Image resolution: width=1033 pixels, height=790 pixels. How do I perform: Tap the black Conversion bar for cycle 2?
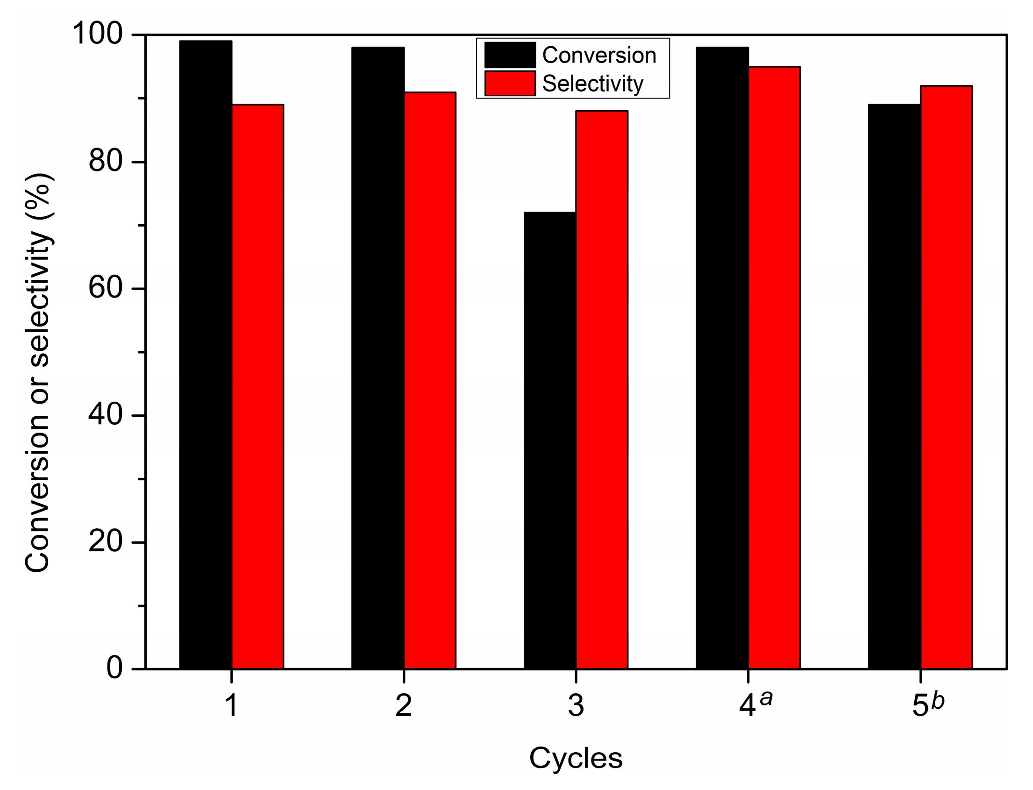[378, 358]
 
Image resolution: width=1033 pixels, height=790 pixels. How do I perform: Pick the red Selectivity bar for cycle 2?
[430, 380]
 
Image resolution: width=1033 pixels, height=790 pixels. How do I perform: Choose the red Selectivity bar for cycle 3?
[602, 390]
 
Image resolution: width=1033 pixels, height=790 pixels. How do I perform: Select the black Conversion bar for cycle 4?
[722, 358]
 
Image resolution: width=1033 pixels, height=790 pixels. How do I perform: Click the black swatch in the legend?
[510, 55]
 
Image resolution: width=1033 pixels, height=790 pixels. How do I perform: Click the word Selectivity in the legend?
[592, 84]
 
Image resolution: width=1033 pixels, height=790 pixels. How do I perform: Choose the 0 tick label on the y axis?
[114, 668]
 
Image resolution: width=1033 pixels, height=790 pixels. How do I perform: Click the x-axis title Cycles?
[576, 758]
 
